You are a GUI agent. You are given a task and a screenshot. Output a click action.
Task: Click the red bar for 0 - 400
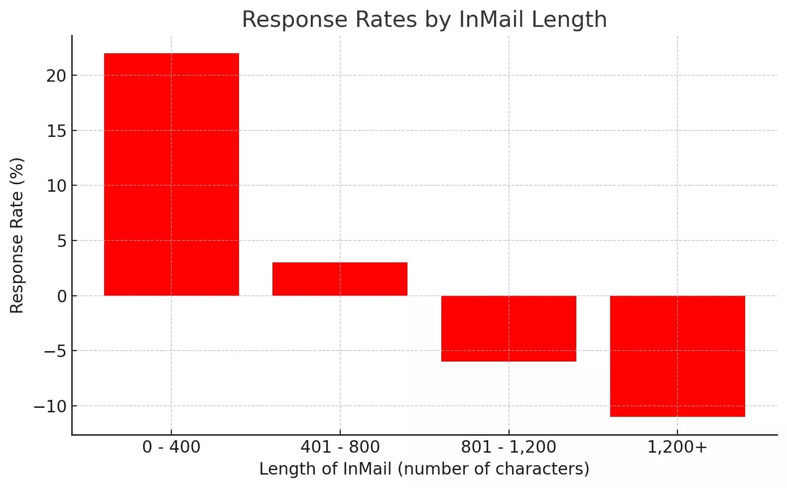pos(171,174)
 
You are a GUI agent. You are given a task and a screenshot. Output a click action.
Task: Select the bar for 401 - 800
pos(340,279)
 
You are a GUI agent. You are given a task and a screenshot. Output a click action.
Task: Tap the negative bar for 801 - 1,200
pos(509,328)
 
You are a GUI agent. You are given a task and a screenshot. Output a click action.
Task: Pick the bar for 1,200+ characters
pos(677,356)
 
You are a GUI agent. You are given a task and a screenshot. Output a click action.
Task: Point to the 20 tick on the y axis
pos(56,76)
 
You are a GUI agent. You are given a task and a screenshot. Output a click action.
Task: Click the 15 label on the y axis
pos(56,131)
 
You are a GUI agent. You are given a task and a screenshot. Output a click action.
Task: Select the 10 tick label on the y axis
pos(56,186)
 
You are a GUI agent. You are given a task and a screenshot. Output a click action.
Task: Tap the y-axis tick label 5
pos(62,241)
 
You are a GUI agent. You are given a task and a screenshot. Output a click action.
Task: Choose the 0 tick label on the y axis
pos(62,296)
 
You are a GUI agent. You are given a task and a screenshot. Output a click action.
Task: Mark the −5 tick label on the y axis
pos(55,351)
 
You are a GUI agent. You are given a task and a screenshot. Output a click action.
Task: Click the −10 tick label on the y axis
pos(50,406)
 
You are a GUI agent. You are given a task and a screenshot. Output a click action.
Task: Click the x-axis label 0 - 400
pos(171,447)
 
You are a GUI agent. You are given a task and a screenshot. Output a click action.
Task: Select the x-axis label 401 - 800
pos(340,447)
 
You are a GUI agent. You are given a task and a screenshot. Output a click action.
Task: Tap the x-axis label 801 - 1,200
pos(509,447)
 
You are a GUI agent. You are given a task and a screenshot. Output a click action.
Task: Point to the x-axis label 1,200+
pos(677,447)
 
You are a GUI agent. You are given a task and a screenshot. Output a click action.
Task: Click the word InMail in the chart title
pos(491,19)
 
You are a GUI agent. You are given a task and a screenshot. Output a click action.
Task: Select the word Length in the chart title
pos(569,19)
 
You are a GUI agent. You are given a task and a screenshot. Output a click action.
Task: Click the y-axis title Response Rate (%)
pos(17,236)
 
